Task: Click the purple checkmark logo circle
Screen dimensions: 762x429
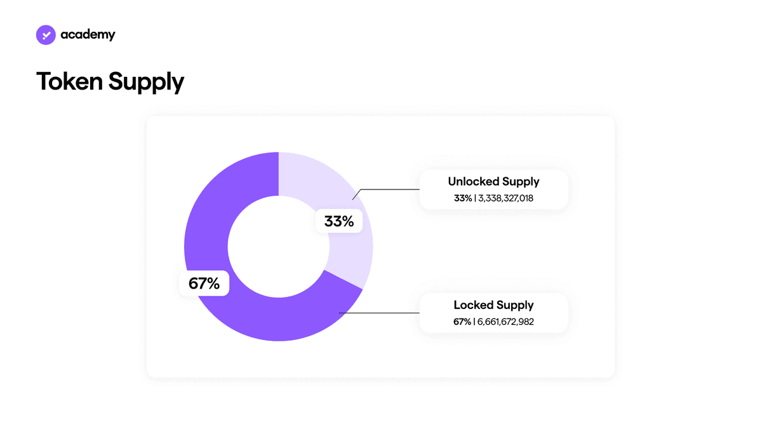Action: click(x=46, y=35)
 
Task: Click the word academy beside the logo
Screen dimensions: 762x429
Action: click(x=88, y=35)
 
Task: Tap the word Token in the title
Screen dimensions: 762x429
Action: click(x=69, y=81)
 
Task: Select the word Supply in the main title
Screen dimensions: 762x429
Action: click(x=146, y=83)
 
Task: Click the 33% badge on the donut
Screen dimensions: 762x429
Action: click(x=339, y=221)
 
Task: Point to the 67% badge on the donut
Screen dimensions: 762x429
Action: click(x=204, y=283)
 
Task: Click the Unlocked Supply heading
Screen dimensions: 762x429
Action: click(x=493, y=182)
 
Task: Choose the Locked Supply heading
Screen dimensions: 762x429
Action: click(x=493, y=306)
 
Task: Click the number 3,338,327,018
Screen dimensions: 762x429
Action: click(x=506, y=198)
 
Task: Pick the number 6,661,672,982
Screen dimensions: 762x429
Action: click(x=505, y=322)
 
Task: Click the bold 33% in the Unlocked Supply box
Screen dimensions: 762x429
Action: click(x=463, y=198)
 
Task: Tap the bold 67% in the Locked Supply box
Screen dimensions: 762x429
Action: click(x=462, y=322)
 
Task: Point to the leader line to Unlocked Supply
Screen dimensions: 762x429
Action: click(x=386, y=189)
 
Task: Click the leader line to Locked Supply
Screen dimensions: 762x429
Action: click(x=379, y=313)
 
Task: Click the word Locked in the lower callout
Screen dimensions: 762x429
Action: click(x=473, y=304)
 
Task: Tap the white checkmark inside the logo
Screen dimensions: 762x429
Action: click(x=46, y=35)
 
